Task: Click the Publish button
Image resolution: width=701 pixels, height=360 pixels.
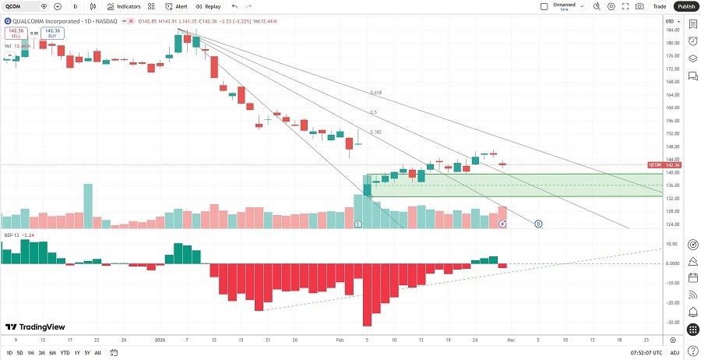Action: point(685,6)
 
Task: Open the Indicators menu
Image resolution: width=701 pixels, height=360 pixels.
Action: point(124,6)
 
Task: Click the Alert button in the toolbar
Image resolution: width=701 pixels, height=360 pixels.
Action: point(177,6)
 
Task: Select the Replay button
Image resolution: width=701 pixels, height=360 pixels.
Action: point(208,6)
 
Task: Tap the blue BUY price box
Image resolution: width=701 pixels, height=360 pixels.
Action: point(52,34)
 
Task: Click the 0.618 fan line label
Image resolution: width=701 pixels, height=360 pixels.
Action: point(375,93)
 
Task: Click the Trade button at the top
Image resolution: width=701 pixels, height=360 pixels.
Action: point(660,6)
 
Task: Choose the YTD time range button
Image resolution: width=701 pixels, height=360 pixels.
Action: point(65,353)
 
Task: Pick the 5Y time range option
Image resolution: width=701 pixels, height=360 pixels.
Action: point(87,353)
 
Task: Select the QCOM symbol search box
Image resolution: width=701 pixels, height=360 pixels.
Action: point(22,6)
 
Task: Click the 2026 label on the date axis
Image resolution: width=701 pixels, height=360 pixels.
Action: point(160,341)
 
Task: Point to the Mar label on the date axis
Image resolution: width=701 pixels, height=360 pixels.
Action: point(509,341)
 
